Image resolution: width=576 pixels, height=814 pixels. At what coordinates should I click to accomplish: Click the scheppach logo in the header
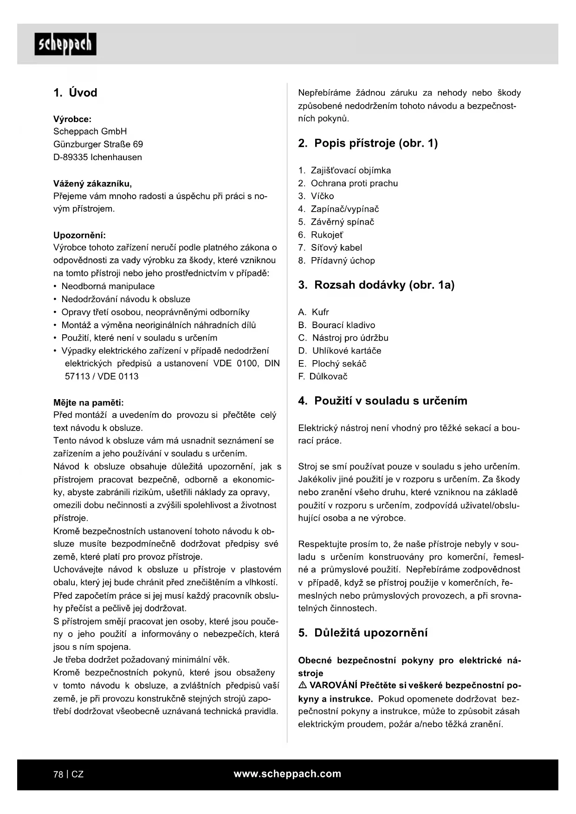[x=65, y=44]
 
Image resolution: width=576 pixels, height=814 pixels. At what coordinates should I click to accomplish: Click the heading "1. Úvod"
[x=75, y=93]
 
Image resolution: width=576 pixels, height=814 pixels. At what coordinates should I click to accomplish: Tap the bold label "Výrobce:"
[x=72, y=119]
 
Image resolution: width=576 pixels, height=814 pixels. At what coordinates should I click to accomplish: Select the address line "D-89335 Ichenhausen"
[x=97, y=157]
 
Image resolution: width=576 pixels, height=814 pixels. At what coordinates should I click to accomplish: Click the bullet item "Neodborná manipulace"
[x=108, y=286]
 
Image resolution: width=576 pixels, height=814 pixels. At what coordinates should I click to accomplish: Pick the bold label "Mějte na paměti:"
[x=88, y=402]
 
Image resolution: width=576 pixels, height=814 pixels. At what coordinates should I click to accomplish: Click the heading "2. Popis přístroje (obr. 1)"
[x=368, y=143]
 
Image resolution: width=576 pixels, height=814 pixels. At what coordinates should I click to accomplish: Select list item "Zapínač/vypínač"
[x=344, y=209]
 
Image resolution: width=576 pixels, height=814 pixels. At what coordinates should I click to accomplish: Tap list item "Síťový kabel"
[x=336, y=248]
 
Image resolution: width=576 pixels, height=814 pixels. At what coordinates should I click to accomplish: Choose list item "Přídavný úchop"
[x=343, y=261]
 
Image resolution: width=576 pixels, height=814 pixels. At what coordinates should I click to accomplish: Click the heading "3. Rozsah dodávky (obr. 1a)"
[x=376, y=285]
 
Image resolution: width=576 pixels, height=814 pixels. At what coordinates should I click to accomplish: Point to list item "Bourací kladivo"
[x=343, y=325]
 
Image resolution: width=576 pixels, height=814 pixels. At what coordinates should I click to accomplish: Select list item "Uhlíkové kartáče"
[x=346, y=351]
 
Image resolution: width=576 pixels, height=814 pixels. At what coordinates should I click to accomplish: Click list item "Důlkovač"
[x=328, y=377]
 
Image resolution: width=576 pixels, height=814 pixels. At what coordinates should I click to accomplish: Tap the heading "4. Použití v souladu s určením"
[x=382, y=401]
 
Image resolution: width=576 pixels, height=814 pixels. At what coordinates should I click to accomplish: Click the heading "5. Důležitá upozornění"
[x=362, y=633]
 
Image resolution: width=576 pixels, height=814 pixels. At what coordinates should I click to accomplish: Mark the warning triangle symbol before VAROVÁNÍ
[x=303, y=685]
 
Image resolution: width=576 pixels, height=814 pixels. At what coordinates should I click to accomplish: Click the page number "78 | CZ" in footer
[x=69, y=774]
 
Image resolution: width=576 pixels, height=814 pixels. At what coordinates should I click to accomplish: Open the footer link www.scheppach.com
[x=287, y=774]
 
